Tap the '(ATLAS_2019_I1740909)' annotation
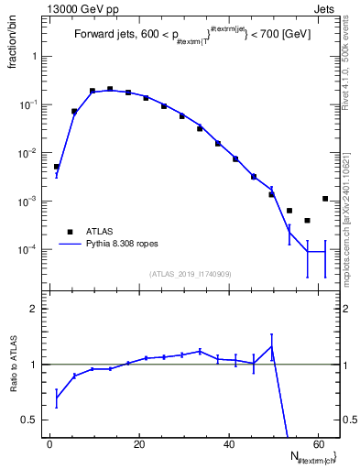pos(190,274)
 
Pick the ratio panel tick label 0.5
pos(32,420)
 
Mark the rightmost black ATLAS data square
pos(325,199)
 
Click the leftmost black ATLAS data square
pos(57,167)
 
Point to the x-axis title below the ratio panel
pos(311,457)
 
